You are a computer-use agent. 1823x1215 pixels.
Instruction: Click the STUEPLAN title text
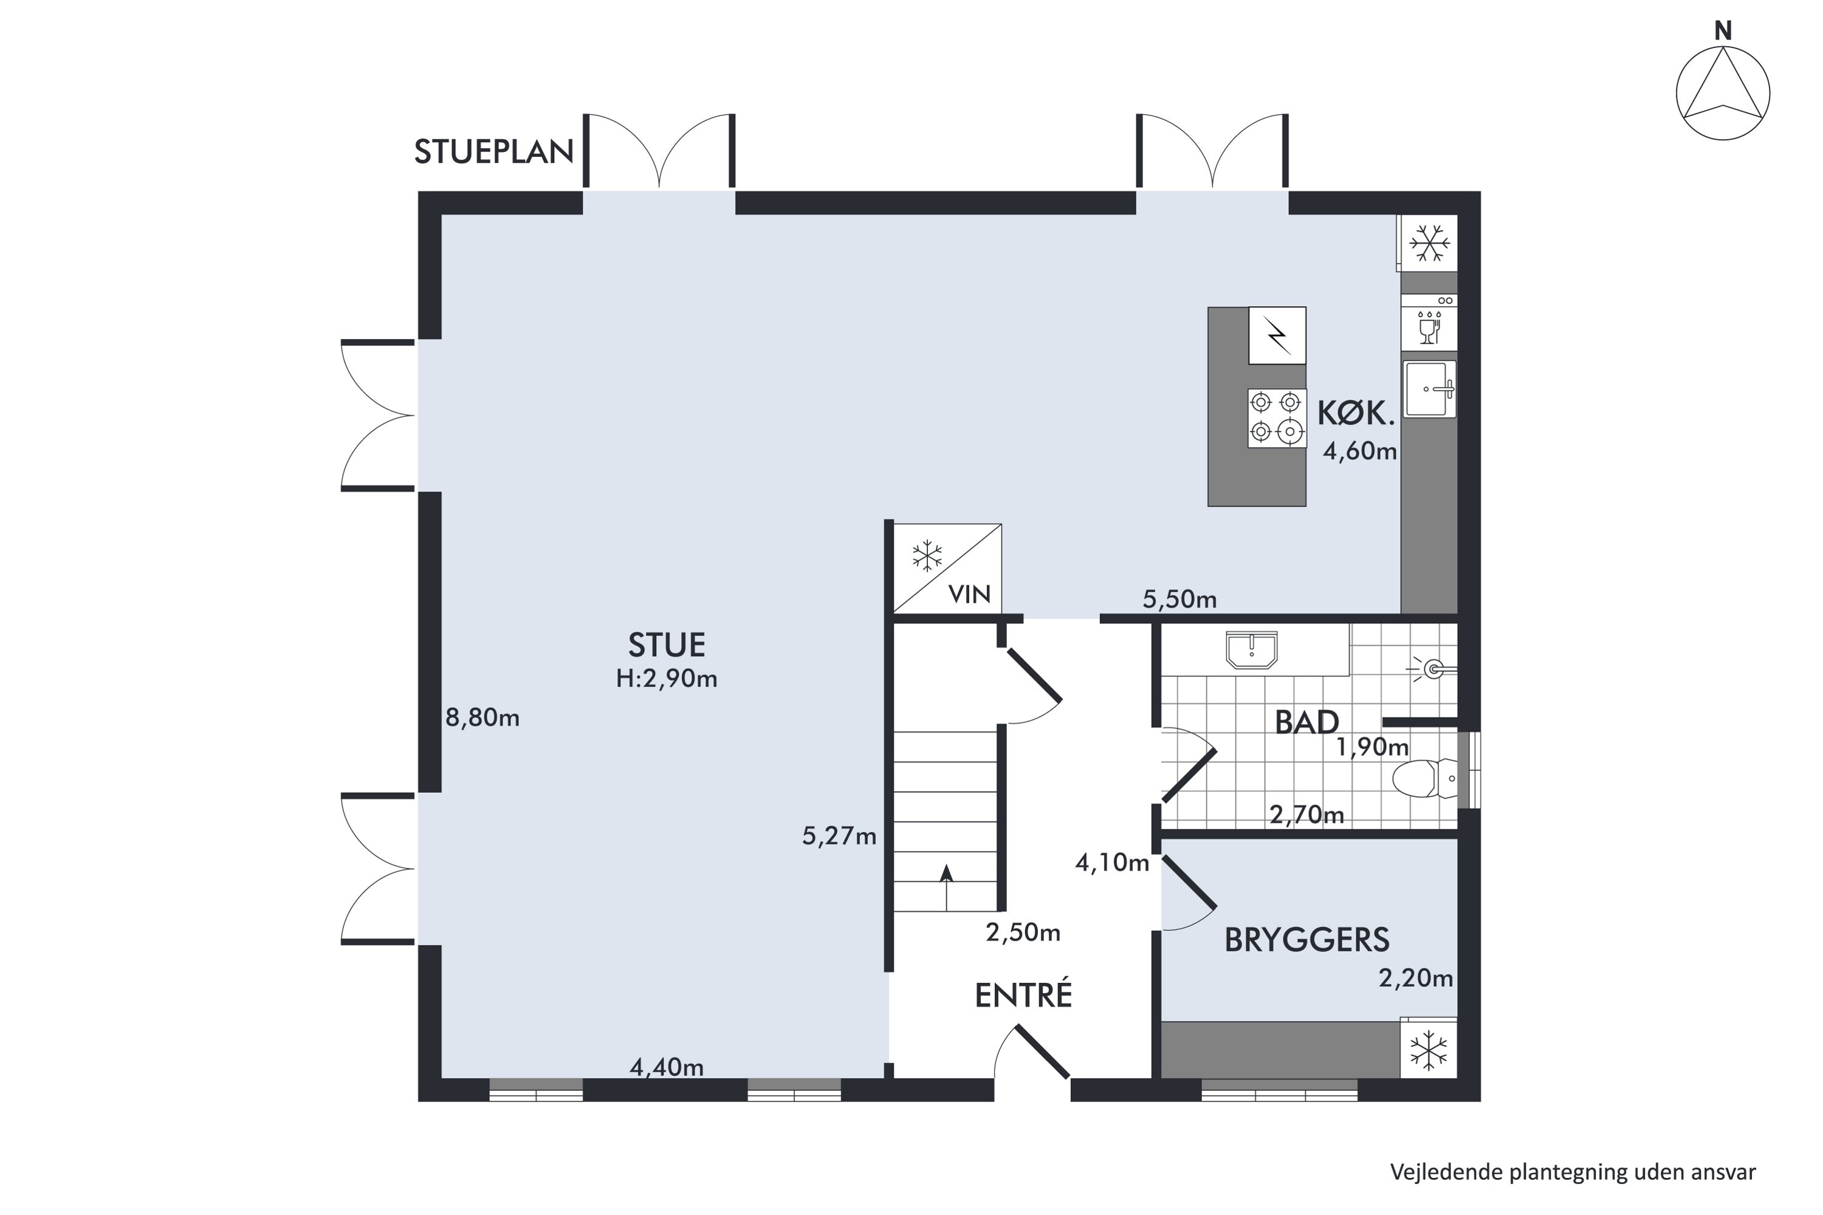point(493,152)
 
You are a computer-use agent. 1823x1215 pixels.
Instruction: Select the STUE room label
point(667,645)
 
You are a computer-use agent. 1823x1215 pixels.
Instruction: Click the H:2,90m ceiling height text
point(667,679)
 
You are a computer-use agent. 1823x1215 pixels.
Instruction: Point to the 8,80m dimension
point(482,717)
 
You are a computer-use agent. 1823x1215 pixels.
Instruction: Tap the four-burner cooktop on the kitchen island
point(1275,419)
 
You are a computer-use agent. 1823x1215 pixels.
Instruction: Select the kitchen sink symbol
point(1429,389)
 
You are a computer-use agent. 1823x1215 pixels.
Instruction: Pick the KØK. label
point(1356,414)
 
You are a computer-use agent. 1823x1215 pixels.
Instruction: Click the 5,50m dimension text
point(1179,599)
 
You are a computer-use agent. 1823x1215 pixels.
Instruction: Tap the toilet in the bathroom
point(1424,779)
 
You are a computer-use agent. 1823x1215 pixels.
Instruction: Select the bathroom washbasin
point(1251,649)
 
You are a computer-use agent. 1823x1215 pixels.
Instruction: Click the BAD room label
point(1307,722)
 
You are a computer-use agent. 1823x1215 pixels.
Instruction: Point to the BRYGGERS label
point(1307,940)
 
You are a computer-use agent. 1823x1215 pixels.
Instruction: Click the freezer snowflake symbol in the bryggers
point(1429,1051)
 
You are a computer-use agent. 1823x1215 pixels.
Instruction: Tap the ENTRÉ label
point(1023,996)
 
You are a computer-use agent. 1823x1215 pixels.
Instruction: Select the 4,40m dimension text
point(667,1068)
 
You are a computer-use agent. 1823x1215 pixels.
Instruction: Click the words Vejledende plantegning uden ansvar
point(1573,1172)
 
